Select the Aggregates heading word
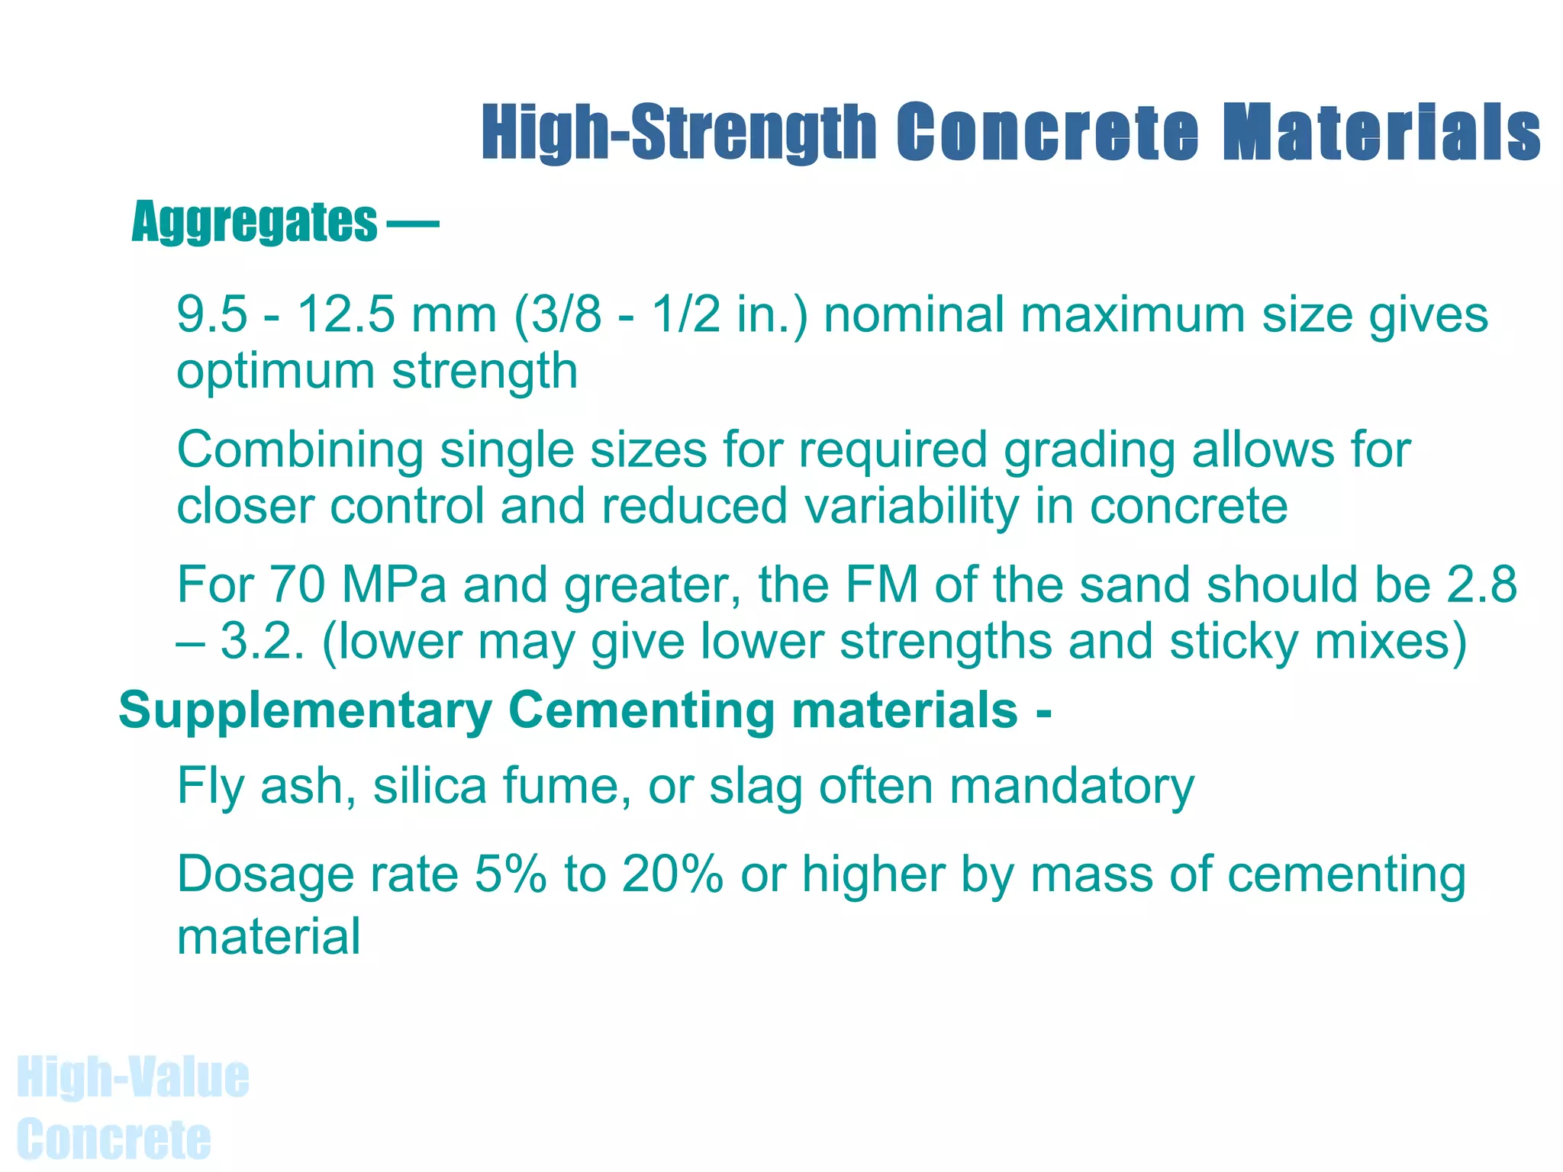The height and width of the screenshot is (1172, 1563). pos(254,222)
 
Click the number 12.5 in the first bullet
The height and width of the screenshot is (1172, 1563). pos(346,314)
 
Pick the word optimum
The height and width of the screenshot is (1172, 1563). pos(276,372)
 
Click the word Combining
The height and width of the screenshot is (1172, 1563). pos(300,449)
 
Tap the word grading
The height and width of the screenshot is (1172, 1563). pos(1089,451)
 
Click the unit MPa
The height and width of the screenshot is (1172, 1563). pos(393,585)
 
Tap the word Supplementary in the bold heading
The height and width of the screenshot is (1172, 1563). pos(305,711)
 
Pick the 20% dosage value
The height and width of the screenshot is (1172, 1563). pos(672,874)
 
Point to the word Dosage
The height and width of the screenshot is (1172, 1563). pos(265,876)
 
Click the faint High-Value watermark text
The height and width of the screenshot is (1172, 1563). pos(133,1077)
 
